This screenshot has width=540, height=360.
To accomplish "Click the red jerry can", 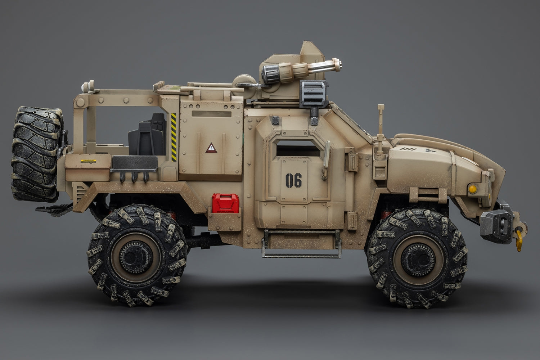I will [x=219, y=203].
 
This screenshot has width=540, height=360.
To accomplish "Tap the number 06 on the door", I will [x=293, y=180].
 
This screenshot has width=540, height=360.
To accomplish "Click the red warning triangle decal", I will [x=210, y=148].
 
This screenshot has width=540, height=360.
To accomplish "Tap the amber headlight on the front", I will [x=472, y=188].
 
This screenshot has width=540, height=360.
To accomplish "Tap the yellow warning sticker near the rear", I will [x=88, y=161].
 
